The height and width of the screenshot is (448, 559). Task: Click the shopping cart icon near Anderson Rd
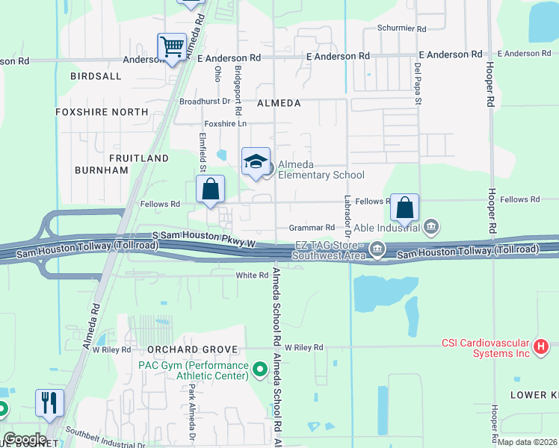tap(172, 48)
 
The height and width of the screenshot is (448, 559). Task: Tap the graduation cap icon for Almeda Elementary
tap(256, 161)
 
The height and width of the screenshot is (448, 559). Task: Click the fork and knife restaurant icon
tap(50, 402)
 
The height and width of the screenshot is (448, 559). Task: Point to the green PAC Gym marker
tap(260, 369)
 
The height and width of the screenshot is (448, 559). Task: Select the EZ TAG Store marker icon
tap(377, 250)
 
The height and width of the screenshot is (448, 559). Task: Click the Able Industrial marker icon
tap(431, 226)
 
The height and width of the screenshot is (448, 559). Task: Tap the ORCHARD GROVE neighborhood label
tap(192, 349)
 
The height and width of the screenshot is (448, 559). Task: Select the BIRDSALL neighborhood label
tap(95, 76)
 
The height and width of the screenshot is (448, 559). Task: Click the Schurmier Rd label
tap(401, 29)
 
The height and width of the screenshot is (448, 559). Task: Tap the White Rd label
tap(252, 276)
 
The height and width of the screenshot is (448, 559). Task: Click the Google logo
tap(25, 438)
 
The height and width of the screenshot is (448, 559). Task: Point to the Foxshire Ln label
tap(225, 123)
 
